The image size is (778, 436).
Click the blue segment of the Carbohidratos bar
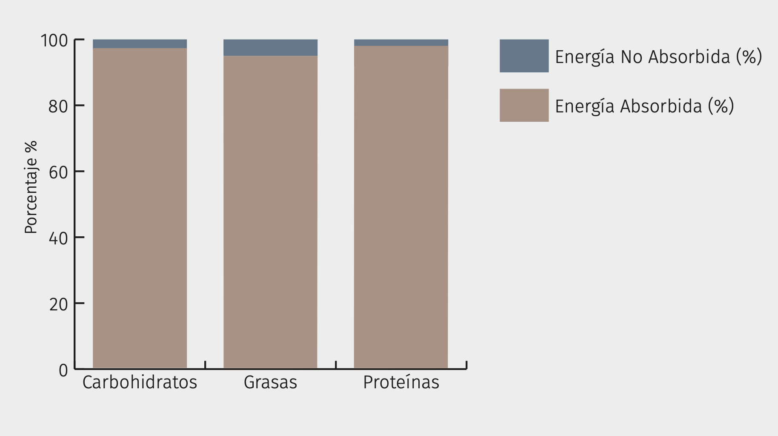click(140, 44)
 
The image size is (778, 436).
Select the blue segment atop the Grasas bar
click(270, 48)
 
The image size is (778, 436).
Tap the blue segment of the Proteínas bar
click(401, 43)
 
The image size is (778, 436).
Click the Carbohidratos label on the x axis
click(140, 382)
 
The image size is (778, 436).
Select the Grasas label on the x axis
click(270, 382)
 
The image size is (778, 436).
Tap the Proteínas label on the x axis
click(401, 382)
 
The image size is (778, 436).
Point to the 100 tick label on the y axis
click(54, 41)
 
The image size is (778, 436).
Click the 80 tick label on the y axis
click(58, 106)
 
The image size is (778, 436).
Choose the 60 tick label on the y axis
click(58, 172)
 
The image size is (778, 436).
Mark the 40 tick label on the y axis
click(58, 238)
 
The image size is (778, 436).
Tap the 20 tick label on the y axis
click(58, 304)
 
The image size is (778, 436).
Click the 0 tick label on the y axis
click(63, 370)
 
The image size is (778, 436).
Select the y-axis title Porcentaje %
click(31, 187)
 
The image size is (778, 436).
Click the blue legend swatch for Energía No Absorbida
click(524, 56)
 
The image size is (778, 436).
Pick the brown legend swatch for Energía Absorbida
click(524, 105)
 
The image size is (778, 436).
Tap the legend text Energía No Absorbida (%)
click(658, 57)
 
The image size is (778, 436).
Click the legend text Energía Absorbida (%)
click(644, 106)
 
